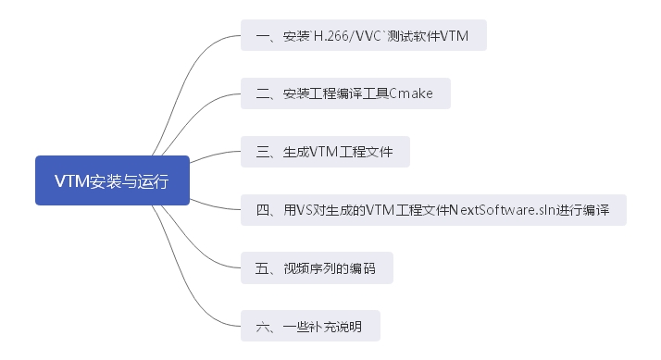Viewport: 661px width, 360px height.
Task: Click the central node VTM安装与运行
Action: (x=112, y=180)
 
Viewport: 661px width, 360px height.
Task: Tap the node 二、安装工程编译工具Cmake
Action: (x=345, y=93)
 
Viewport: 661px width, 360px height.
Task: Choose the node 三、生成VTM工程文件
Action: (x=325, y=152)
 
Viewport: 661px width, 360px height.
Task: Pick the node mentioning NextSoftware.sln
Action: (x=432, y=210)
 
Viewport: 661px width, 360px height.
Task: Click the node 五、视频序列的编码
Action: (x=316, y=268)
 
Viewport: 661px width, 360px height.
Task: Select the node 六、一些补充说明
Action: (x=309, y=327)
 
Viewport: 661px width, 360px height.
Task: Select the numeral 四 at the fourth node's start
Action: (x=260, y=210)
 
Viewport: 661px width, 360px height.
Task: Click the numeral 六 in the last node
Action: (x=260, y=327)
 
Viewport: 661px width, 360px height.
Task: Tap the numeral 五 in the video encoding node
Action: (x=260, y=268)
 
